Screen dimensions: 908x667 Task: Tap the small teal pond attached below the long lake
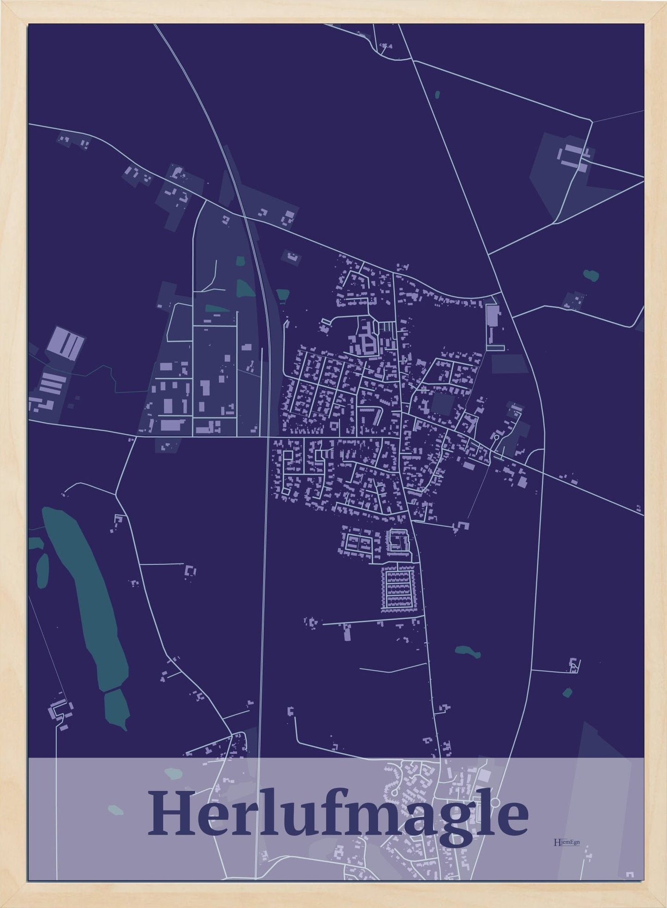click(x=116, y=709)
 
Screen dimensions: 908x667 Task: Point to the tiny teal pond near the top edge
click(x=437, y=95)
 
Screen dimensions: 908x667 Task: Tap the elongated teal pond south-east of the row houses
click(x=468, y=652)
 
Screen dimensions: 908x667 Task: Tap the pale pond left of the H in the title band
click(x=115, y=809)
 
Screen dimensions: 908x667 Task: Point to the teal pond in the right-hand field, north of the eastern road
click(x=590, y=275)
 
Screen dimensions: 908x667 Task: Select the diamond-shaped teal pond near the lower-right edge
click(x=567, y=692)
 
